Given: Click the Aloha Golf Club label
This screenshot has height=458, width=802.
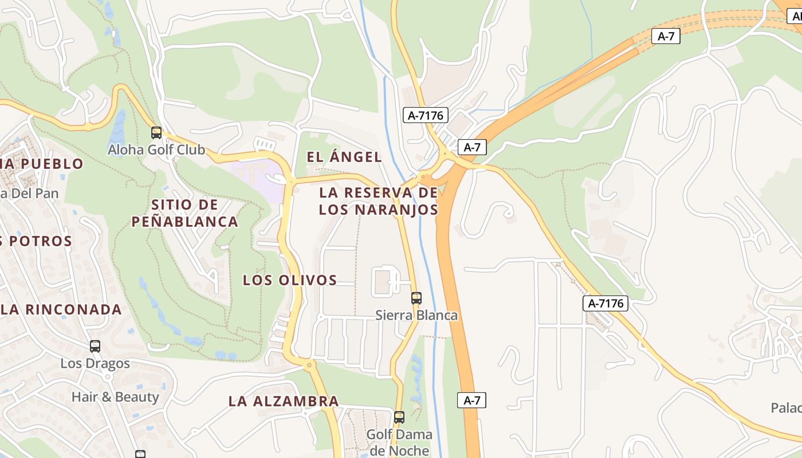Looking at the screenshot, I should tap(156, 150).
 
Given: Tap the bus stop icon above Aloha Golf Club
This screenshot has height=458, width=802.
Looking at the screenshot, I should tap(156, 133).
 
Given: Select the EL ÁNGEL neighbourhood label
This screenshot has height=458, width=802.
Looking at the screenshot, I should tap(344, 157).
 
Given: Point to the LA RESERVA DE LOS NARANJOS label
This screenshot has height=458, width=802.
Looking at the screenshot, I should tap(379, 201).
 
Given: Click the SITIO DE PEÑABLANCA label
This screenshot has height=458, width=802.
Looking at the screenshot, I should tap(184, 213).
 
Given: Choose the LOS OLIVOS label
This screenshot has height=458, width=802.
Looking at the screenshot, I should tap(290, 280).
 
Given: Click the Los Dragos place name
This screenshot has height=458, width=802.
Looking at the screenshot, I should tap(95, 364).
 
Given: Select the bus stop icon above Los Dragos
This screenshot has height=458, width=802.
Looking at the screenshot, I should tap(95, 346).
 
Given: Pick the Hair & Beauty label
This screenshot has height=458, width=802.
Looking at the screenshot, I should tap(115, 397).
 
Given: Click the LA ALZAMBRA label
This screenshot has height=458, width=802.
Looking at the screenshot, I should tap(284, 401).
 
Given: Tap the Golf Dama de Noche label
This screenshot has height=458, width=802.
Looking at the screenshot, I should tap(399, 442).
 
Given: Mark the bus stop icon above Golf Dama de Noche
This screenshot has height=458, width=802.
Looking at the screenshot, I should tap(399, 417).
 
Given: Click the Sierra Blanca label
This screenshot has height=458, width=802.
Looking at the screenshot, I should tap(416, 315).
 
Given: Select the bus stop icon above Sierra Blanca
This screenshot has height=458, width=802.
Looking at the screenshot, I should tap(416, 298).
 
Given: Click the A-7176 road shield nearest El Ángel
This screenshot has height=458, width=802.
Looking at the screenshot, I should tap(425, 115).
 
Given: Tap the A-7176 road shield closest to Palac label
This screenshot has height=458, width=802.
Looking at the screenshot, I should tap(606, 303).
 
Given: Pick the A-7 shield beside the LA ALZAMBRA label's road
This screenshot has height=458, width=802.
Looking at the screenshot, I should tap(471, 400).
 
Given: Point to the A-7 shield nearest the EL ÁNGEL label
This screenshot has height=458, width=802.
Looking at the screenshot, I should tap(472, 147).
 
